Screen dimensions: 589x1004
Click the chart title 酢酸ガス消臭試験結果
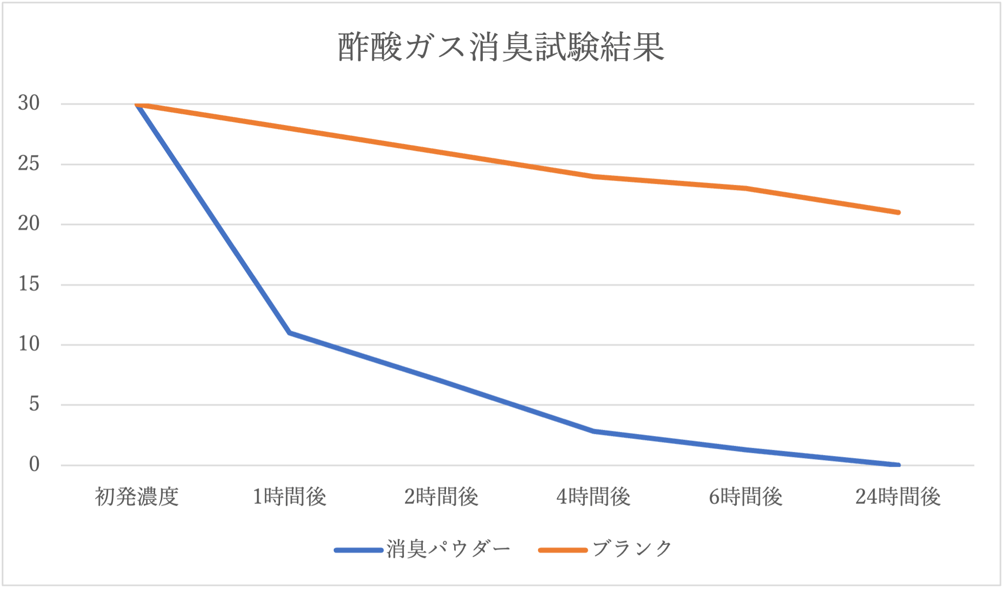coord(501,47)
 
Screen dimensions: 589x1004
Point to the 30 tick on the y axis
coord(29,103)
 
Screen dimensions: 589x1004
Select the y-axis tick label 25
coord(29,163)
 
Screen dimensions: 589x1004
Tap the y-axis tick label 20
coord(29,223)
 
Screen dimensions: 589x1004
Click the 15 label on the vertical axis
coord(29,284)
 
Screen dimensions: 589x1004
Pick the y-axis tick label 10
coord(29,344)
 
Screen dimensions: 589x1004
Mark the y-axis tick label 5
coord(34,404)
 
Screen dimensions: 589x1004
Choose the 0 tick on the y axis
coord(34,465)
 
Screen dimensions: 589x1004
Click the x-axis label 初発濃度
coord(137,497)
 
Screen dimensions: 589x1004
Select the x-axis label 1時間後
coord(289,497)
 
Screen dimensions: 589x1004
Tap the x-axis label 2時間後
coord(441,497)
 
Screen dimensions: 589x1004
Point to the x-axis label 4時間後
coord(593,497)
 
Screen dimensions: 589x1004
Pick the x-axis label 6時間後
coord(745,497)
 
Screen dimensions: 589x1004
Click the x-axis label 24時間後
coord(898,497)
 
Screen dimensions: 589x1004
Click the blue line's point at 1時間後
coord(290,333)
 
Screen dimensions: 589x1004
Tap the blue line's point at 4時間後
coord(594,431)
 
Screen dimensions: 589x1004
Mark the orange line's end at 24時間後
coord(898,212)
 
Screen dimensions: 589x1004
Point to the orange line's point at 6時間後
coord(746,188)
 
